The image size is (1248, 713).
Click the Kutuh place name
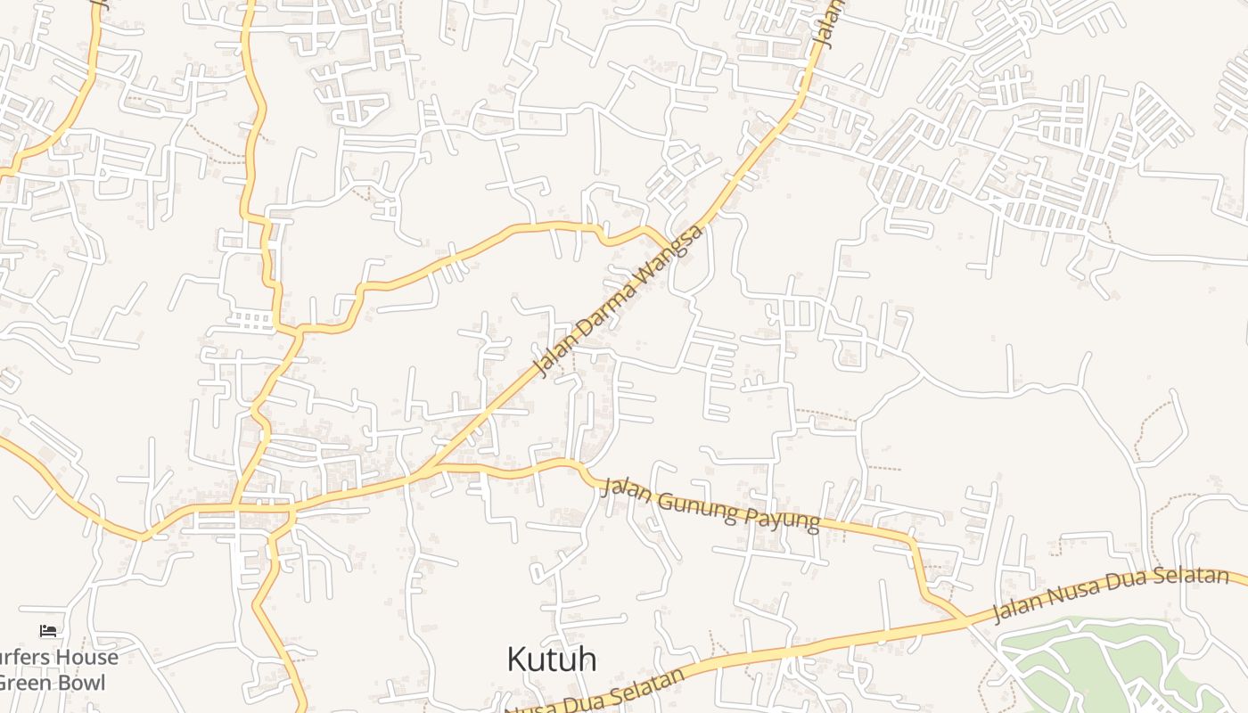(551, 660)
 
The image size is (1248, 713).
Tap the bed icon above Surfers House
(48, 631)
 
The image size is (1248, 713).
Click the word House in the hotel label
(85, 658)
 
